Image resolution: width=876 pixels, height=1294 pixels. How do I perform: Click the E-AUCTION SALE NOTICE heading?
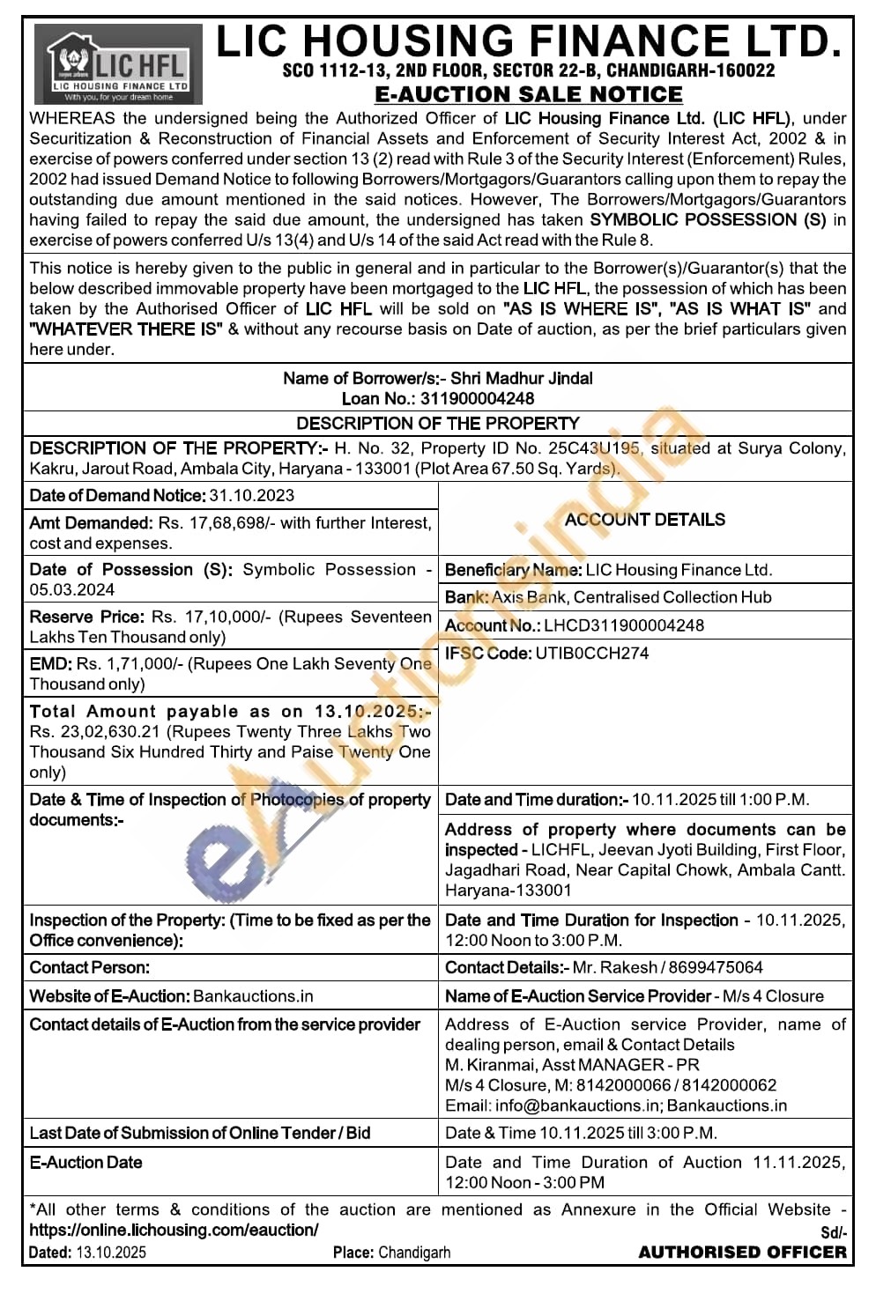tap(528, 94)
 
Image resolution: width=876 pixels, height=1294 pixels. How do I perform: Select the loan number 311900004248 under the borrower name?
tap(477, 398)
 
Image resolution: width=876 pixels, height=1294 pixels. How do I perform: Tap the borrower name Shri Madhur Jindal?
tap(522, 378)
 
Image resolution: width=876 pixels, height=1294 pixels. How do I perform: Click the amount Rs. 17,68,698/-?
tap(211, 523)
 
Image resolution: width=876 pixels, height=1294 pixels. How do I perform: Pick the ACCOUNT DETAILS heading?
tap(644, 520)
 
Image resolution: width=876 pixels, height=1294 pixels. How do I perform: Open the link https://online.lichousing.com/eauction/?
tap(174, 1230)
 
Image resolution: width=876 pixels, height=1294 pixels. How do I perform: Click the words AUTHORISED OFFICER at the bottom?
tap(742, 1252)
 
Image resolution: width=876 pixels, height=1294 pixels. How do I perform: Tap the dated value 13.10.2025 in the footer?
tap(111, 1252)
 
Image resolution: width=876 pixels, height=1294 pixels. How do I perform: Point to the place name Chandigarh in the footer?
tap(414, 1252)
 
